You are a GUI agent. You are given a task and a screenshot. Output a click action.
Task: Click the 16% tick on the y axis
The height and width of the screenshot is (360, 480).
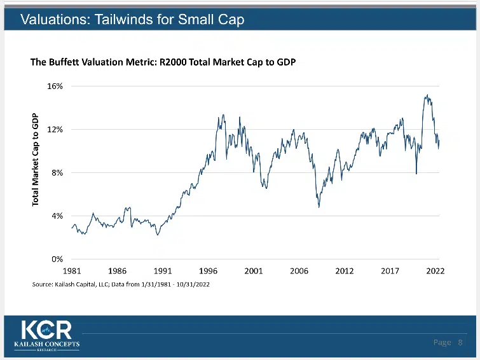[55, 87]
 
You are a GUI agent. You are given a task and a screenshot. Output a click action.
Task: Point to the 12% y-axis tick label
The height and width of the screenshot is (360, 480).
[55, 130]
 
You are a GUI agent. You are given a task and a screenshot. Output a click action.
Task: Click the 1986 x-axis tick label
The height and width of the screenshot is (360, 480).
[117, 271]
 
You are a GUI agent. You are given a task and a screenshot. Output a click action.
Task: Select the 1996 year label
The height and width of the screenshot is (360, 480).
[208, 271]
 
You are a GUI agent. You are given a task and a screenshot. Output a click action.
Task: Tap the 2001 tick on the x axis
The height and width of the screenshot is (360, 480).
[254, 271]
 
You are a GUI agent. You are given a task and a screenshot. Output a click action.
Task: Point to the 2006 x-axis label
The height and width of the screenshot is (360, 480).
[299, 271]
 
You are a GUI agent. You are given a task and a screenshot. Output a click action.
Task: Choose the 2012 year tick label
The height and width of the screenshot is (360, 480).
[344, 271]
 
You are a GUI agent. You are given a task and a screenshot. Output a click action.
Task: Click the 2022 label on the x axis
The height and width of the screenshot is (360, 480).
[435, 271]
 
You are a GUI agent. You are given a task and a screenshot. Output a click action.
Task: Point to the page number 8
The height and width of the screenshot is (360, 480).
[460, 343]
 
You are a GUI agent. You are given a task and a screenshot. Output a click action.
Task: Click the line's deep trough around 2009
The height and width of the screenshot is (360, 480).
[319, 207]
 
